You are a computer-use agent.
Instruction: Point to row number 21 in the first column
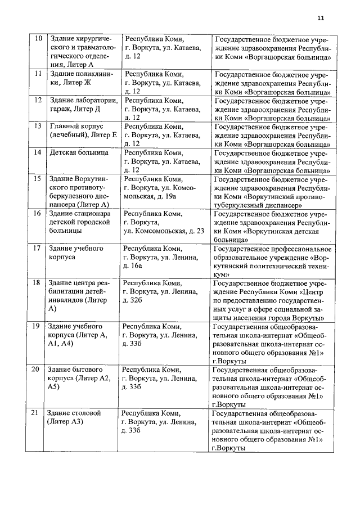pyautogui.click(x=35, y=413)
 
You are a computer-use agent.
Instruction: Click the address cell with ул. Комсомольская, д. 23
pyautogui.click(x=163, y=223)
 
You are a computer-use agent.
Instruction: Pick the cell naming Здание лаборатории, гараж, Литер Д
pyautogui.click(x=82, y=104)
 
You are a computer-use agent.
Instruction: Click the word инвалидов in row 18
pyautogui.click(x=67, y=300)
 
